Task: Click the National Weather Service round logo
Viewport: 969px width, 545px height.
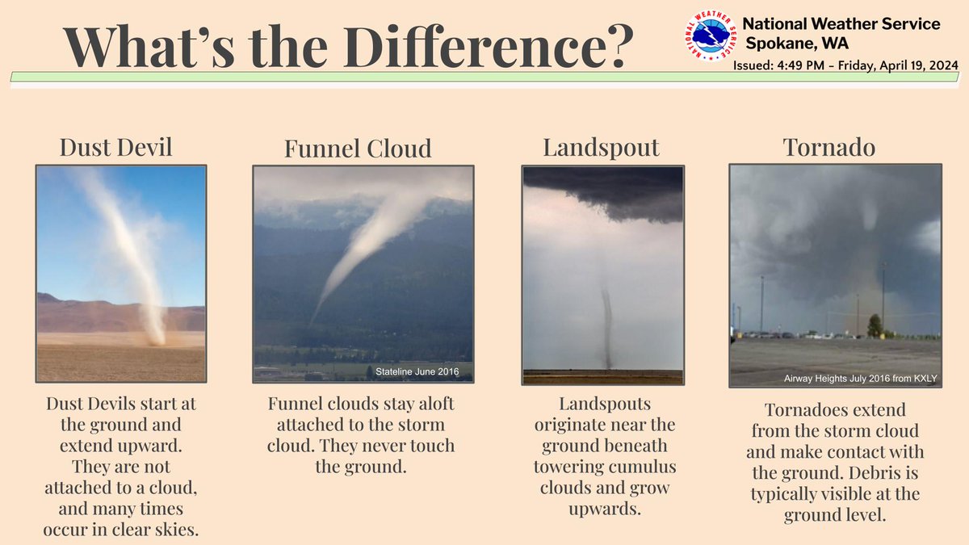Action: click(711, 35)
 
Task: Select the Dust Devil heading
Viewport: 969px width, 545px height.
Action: click(116, 147)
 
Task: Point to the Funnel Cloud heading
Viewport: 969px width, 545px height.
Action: click(358, 149)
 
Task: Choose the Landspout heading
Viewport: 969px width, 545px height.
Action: click(602, 148)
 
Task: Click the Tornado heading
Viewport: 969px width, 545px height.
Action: click(829, 147)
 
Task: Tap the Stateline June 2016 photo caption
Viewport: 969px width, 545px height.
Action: click(417, 371)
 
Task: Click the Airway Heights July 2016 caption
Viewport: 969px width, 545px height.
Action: click(861, 379)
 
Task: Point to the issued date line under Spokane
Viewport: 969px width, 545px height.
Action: click(845, 65)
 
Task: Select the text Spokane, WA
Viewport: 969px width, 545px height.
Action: click(797, 44)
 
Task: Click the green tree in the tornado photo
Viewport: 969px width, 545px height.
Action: click(875, 326)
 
